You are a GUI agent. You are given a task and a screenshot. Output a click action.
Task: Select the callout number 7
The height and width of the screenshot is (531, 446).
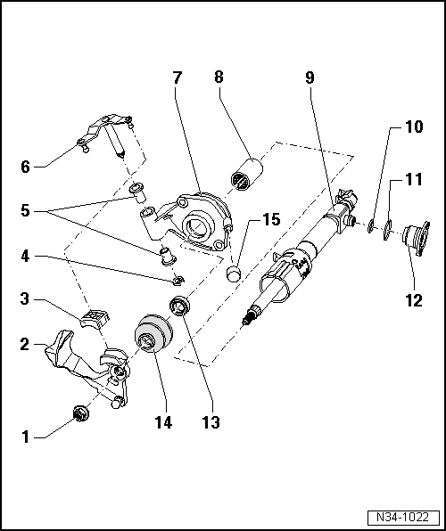178,78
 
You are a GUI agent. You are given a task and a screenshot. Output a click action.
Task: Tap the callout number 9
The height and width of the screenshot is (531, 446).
309,78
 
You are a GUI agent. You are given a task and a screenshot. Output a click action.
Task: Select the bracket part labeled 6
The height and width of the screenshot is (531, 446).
105,131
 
